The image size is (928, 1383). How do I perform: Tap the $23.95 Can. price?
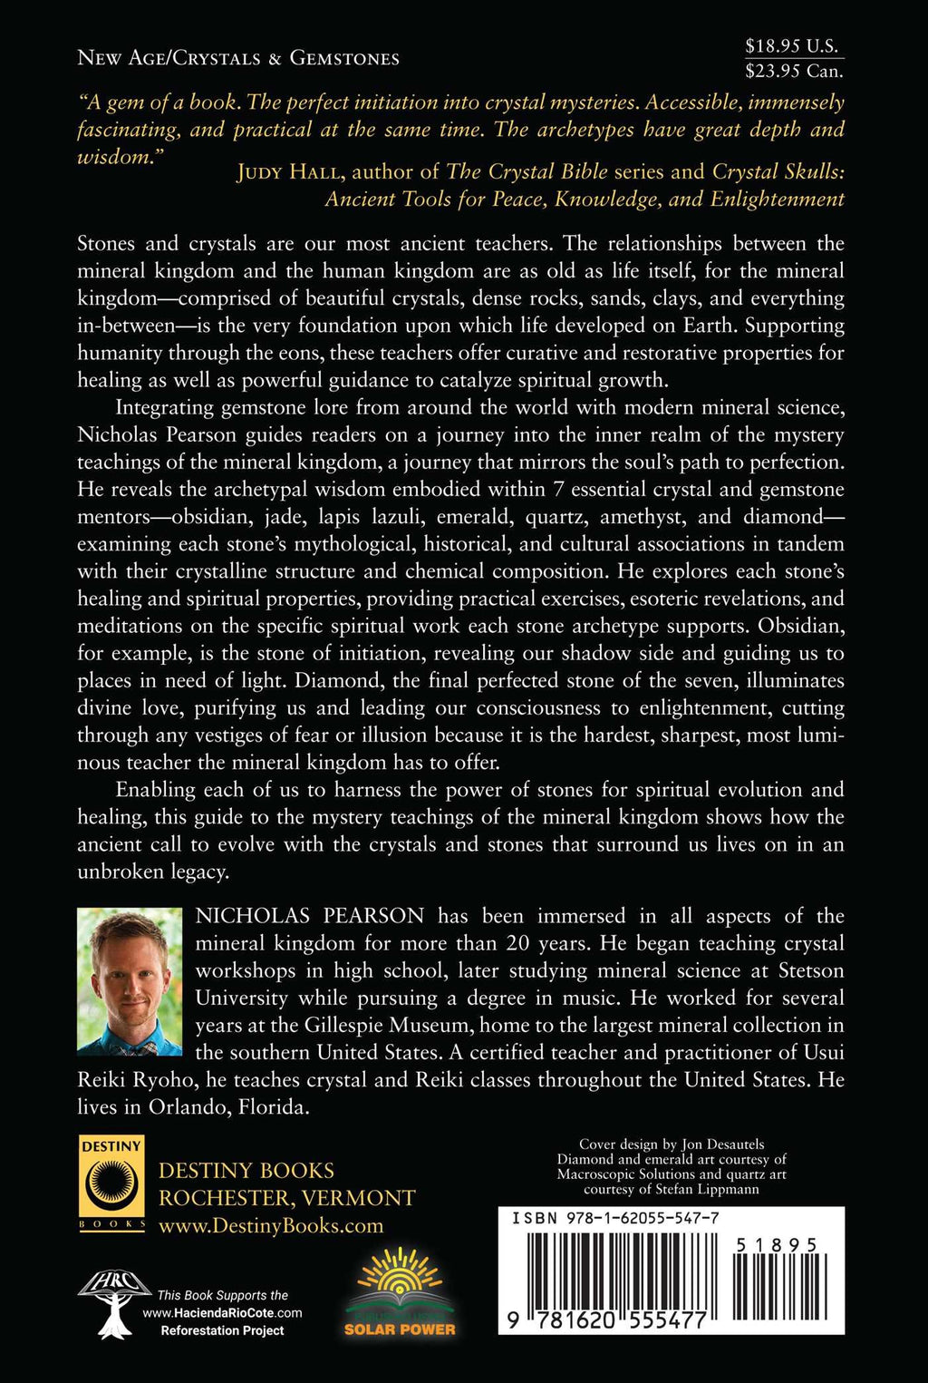pos(794,71)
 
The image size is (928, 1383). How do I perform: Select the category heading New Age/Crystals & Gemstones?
pos(238,58)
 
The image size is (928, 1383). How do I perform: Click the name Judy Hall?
pos(287,172)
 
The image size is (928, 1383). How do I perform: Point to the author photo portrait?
pos(130,981)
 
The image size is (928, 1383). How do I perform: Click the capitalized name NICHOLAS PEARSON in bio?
pos(310,916)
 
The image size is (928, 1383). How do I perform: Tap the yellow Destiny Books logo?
pos(111,1183)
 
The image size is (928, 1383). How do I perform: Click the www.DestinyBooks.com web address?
pos(271,1226)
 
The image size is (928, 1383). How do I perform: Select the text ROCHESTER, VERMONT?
pos(286,1198)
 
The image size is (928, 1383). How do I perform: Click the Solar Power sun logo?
pos(400,1292)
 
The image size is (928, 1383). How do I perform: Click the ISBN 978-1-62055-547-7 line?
pos(616,1218)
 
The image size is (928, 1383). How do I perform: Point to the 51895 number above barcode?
pos(777,1246)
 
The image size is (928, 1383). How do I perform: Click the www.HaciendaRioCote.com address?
pos(222,1313)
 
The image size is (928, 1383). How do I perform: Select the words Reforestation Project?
pos(222,1330)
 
